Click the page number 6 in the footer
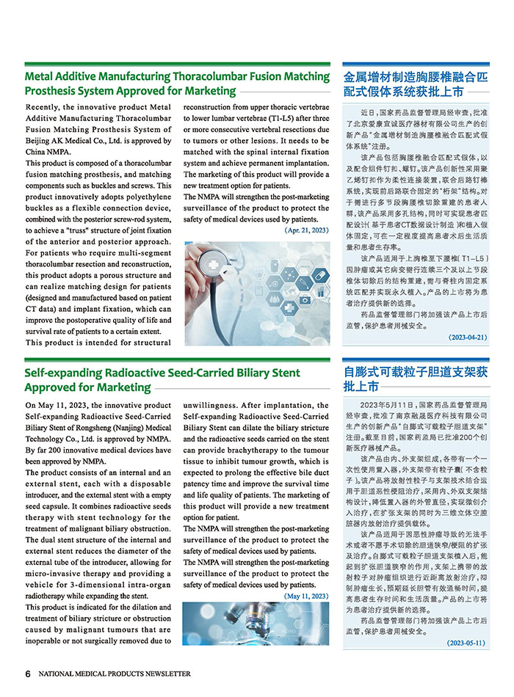[x=28, y=674]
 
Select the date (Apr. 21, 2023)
[x=306, y=230]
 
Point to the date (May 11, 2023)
[x=305, y=596]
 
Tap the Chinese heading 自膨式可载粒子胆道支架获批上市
[x=415, y=379]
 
